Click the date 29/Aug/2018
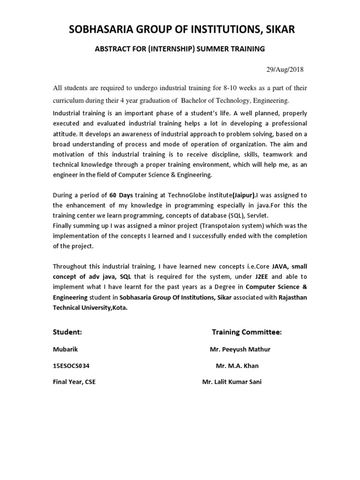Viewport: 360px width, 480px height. [x=285, y=69]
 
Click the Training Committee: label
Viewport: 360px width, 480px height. [x=247, y=332]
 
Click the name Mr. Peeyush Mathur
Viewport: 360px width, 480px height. [x=240, y=349]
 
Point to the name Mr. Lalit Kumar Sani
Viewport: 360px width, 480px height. [x=232, y=382]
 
